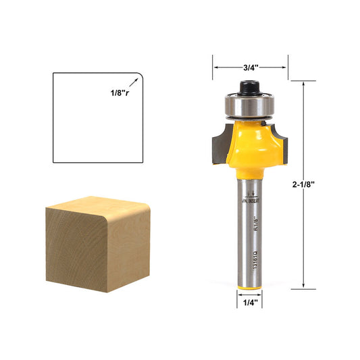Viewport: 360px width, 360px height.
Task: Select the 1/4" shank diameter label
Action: (x=251, y=303)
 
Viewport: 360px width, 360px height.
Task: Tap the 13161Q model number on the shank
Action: (x=253, y=260)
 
